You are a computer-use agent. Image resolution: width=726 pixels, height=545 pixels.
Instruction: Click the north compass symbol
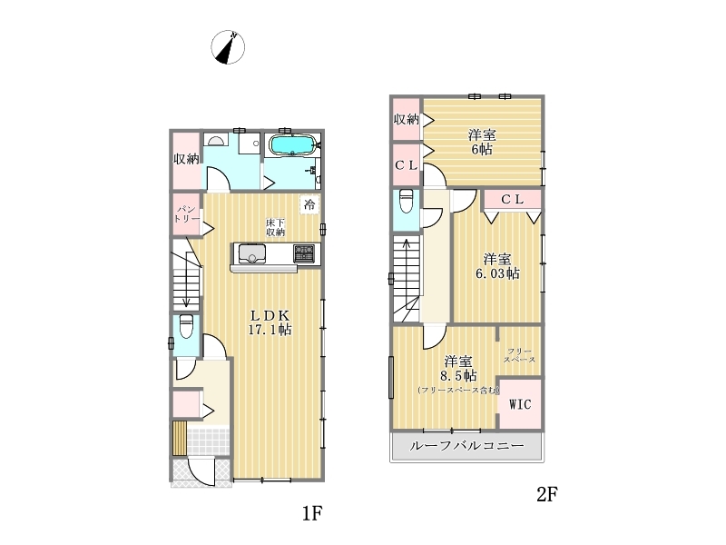pos(228,47)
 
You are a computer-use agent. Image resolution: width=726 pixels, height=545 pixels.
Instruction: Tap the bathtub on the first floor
pos(292,145)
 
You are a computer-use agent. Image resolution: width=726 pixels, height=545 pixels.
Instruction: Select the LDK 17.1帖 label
pos(270,322)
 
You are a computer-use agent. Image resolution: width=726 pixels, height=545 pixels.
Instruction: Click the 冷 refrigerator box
pos(309,203)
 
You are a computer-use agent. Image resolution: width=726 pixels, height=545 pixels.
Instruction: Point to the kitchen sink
pos(252,253)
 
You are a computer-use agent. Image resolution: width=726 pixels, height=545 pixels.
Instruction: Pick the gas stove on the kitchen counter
pos(304,254)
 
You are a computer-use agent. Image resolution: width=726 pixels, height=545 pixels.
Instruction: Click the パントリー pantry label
pos(187,214)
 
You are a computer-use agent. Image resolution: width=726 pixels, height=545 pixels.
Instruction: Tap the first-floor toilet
pos(186,327)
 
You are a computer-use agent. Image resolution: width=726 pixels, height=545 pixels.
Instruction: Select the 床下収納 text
pos(275,227)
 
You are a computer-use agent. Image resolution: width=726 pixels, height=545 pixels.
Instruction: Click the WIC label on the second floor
pos(520,404)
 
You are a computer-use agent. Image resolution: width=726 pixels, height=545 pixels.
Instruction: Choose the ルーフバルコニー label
pos(466,446)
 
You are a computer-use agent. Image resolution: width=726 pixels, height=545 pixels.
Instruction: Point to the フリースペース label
pos(519,355)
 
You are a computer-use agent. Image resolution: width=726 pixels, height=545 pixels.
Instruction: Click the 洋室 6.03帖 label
pos(497,266)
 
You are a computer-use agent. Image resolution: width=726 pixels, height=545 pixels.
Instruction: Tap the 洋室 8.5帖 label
pos(458,369)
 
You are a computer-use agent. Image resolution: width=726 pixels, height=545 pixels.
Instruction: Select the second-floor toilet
pos(406,201)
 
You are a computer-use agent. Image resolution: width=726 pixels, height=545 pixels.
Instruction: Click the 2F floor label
pos(547,494)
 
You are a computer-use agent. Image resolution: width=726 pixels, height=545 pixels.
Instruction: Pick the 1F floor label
pos(312,513)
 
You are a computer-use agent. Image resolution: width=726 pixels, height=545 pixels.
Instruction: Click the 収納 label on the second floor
pos(406,120)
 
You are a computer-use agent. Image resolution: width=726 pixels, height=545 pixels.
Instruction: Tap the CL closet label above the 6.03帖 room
pos(513,199)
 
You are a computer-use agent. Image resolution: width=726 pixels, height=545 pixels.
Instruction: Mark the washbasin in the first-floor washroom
pos(215,140)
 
